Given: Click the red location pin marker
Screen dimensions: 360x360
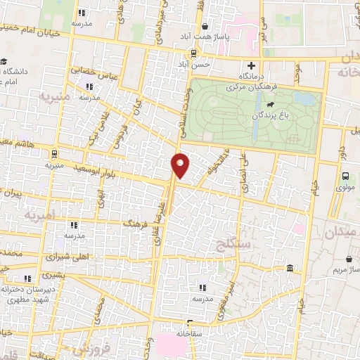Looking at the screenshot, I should pyautogui.click(x=180, y=165).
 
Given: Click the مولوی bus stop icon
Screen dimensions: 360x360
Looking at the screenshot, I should pyautogui.click(x=345, y=177).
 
